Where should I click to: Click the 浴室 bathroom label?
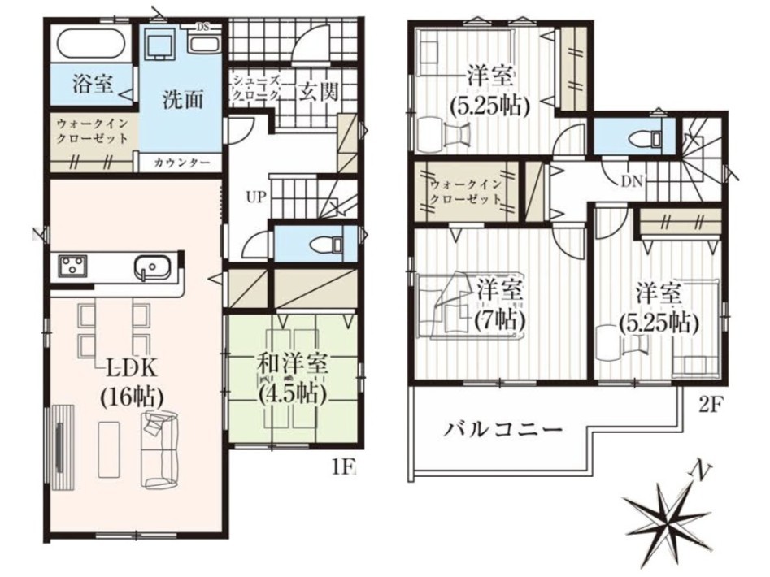point(93,83)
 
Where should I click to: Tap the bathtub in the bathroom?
point(92,44)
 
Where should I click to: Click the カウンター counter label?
point(181,163)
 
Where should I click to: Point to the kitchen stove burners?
point(72,267)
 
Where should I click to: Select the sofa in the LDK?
point(159,449)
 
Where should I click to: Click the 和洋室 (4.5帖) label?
point(293,380)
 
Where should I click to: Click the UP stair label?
point(256,197)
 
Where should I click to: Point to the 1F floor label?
point(343,467)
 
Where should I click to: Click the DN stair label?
point(632,181)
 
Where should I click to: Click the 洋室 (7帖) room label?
point(499,306)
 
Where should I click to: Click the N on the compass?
point(700,472)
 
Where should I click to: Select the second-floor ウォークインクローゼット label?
point(466,193)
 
